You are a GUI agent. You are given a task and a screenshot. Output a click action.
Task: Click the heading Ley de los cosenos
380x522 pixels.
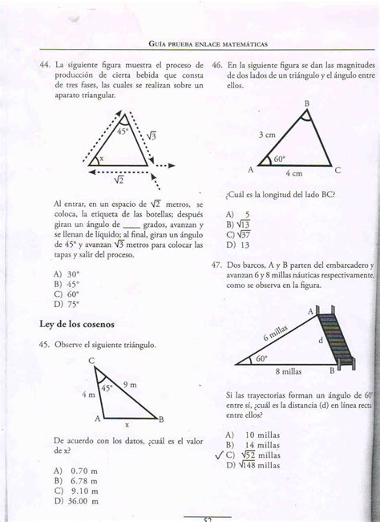(x=77, y=324)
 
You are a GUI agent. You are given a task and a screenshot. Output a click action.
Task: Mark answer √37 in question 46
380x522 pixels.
(x=240, y=235)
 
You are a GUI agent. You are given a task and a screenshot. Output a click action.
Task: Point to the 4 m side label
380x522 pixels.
(x=88, y=395)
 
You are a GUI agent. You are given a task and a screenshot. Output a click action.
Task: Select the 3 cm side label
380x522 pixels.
(x=267, y=136)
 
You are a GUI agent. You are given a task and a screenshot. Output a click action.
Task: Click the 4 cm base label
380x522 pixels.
(x=293, y=174)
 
